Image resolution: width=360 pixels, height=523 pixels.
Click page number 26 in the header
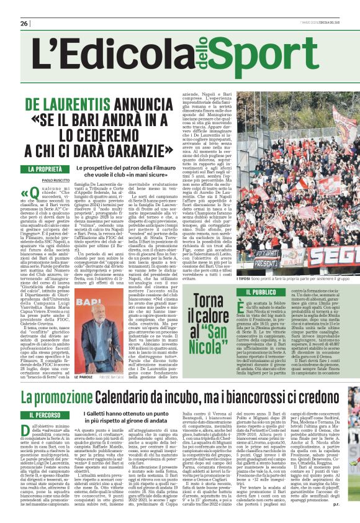24,24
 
